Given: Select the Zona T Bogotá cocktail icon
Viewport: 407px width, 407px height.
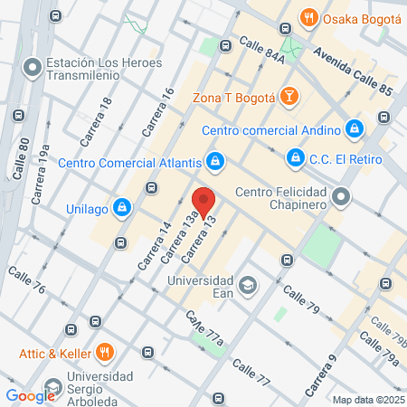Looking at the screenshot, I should coord(289,95).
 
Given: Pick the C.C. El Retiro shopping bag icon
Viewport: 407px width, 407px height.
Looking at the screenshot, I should coord(295,158).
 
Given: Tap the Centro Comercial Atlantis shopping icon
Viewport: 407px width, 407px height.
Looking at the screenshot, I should coord(214,163).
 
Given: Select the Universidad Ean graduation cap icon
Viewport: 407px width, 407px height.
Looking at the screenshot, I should coord(247,286).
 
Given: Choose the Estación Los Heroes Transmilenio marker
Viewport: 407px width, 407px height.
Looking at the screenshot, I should coord(33,67).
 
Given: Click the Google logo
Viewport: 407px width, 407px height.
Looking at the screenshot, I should coord(31,395).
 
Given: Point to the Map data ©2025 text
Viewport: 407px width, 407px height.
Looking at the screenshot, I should coord(367,400).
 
